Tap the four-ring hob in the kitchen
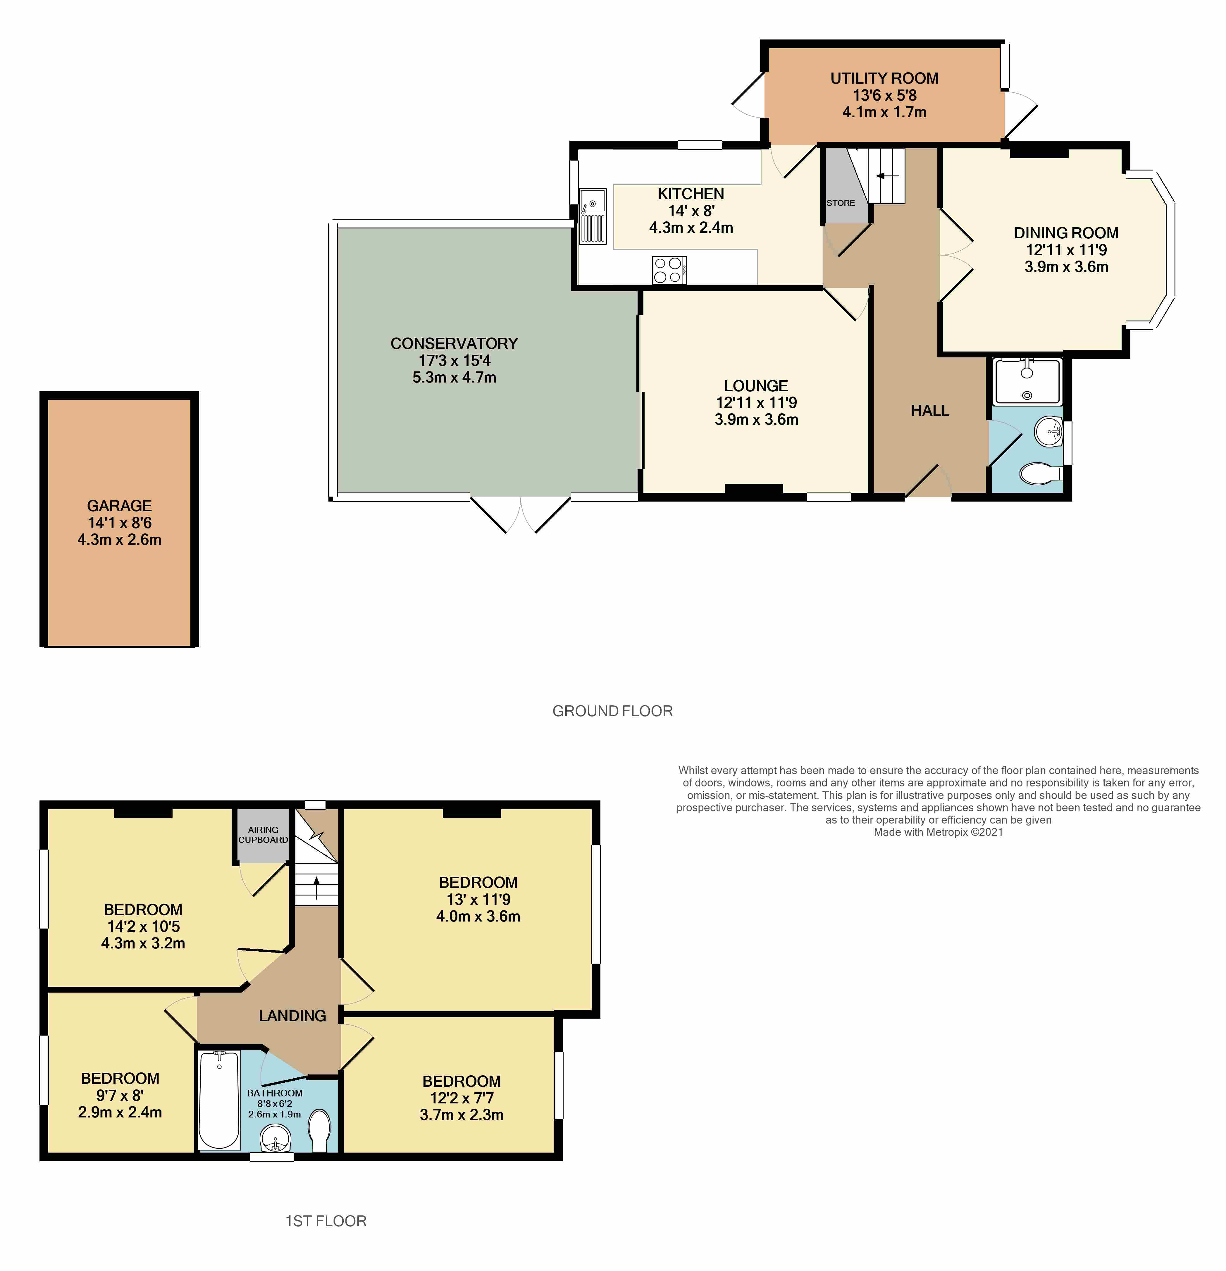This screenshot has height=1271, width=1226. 669,270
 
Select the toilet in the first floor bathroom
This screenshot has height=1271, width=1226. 320,1130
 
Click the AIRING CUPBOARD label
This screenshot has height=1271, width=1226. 263,835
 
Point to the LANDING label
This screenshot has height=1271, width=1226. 292,1015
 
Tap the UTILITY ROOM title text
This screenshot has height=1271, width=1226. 884,78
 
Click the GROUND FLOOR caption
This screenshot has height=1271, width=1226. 612,711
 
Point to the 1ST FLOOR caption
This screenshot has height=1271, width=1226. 326,1221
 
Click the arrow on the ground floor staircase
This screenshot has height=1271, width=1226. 886,176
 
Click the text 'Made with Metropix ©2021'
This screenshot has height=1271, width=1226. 938,832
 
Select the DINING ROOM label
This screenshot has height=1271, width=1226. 1066,233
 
